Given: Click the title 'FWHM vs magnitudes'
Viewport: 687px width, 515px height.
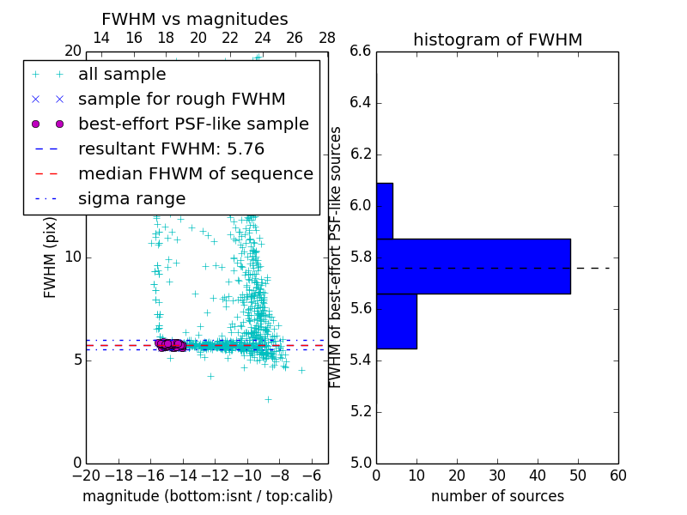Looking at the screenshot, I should [195, 19].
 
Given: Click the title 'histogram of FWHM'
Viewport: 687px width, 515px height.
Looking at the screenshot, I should [497, 39].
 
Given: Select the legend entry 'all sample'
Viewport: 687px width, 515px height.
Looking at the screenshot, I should [122, 75].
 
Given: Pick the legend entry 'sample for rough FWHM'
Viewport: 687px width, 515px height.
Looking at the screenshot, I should [181, 100].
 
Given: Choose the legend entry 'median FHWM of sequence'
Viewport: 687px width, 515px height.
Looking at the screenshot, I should [195, 174].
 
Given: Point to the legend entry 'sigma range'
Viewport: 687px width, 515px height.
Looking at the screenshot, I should [131, 199].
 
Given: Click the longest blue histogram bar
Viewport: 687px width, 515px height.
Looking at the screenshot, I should [473, 266].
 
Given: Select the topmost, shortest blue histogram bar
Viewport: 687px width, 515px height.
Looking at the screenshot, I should [385, 210].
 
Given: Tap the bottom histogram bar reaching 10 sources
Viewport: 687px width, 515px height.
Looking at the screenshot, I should [396, 321].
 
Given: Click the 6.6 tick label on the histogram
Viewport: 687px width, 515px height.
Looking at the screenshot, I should [360, 51].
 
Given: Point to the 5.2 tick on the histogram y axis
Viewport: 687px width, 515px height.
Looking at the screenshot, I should [360, 411].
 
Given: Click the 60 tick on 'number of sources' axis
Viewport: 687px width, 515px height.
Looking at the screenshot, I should [617, 476].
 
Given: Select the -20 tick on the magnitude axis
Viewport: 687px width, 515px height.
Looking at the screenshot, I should [86, 476].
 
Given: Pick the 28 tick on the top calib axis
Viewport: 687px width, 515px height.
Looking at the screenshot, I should [327, 38].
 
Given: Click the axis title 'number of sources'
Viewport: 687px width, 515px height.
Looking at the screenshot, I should [497, 496].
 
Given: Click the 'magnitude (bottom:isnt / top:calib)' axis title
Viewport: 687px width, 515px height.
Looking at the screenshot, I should [207, 496].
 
